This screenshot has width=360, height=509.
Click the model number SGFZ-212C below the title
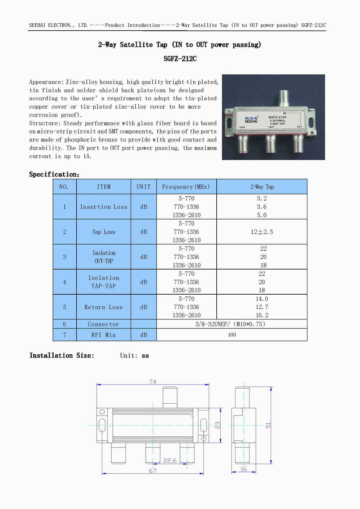(x=180, y=59)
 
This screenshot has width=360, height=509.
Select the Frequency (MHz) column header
(x=186, y=187)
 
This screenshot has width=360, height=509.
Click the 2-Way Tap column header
(x=262, y=187)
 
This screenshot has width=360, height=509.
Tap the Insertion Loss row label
(x=104, y=207)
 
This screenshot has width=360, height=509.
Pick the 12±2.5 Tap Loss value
(x=262, y=232)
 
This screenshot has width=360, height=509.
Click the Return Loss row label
(x=103, y=307)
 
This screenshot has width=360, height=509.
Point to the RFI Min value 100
(x=232, y=335)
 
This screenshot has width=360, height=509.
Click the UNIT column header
(x=143, y=187)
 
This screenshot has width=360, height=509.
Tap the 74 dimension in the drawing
(x=153, y=382)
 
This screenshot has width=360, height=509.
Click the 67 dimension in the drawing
(x=153, y=471)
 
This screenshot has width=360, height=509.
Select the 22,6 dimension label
(x=170, y=460)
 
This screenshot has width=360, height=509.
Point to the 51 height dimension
(x=268, y=426)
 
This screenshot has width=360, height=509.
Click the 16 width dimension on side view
(x=244, y=469)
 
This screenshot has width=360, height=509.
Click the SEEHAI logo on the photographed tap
(x=251, y=120)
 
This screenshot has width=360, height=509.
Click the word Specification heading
(x=54, y=174)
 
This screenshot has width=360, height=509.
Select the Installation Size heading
(x=62, y=355)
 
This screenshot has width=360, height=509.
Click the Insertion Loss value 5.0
(x=262, y=215)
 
